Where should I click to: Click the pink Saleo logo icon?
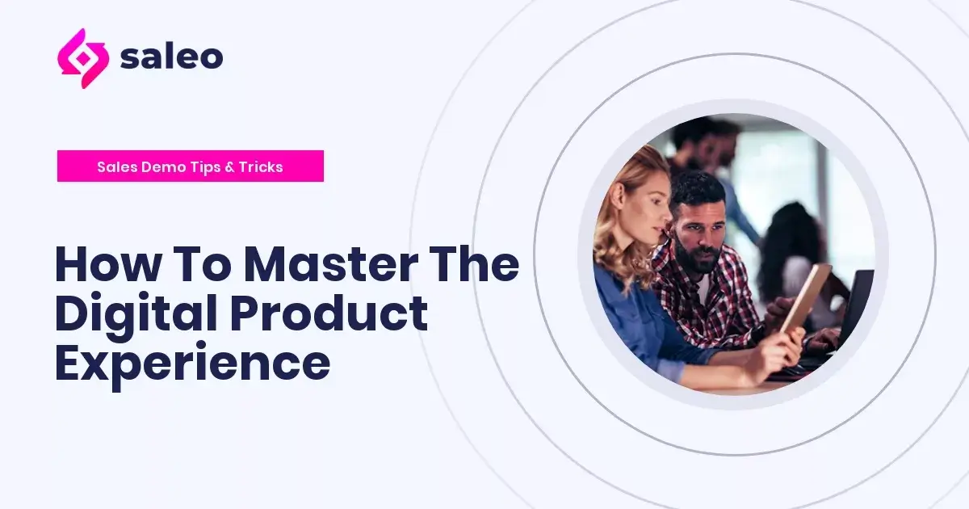pos(82,58)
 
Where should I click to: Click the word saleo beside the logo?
pos(171,57)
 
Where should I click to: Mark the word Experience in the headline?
pos(192,363)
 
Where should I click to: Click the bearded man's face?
pos(696,233)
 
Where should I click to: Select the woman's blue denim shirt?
pos(634,323)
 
